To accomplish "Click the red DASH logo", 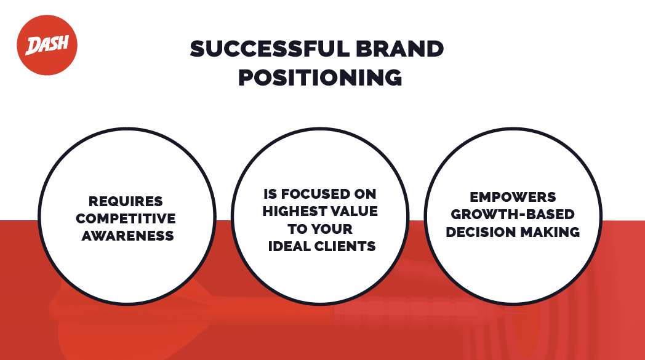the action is click(47, 46).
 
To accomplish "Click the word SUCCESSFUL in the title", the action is click(269, 49).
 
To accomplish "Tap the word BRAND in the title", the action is click(400, 49).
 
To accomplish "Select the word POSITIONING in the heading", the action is click(320, 78).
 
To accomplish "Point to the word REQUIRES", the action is click(126, 202).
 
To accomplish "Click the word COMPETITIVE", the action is click(126, 218).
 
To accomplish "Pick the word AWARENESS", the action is click(127, 236).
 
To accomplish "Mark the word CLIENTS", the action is click(345, 246).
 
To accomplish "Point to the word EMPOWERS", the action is click(513, 197).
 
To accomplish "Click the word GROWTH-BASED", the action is click(513, 214).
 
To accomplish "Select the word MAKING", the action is click(550, 232).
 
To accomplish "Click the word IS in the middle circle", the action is click(270, 194).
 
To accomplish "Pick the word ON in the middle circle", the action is click(366, 194).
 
